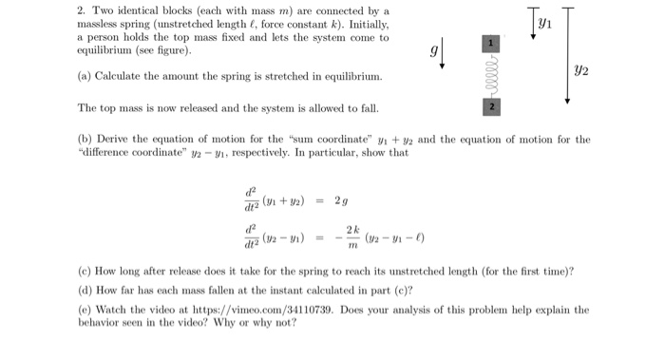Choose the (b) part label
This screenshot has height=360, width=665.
tap(85, 140)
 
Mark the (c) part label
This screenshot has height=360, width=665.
tap(85, 271)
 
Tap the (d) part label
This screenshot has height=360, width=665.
tap(85, 291)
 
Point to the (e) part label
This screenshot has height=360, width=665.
tap(85, 310)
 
